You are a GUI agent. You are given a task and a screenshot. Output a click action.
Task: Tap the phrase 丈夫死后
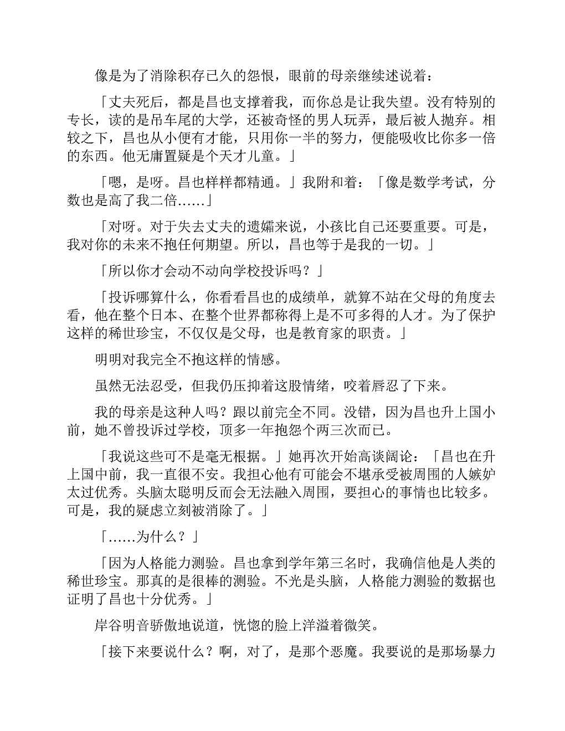136,102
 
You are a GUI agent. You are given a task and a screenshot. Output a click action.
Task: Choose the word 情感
261,359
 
